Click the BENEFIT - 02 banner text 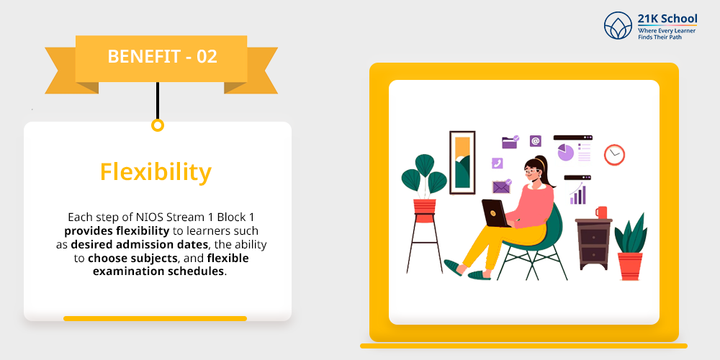pos(162,56)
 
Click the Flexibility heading pos(156,173)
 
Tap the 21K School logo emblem pos(618,25)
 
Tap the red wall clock pos(614,155)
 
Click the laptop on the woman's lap pos(495,214)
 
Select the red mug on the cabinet pos(601,212)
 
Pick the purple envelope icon pos(501,187)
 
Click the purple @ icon pos(536,141)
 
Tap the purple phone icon pos(497,163)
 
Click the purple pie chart pos(566,153)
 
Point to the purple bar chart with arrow pos(577,193)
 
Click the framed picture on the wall pos(462,163)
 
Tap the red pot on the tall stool pos(424,207)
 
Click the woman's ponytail pos(549,175)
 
